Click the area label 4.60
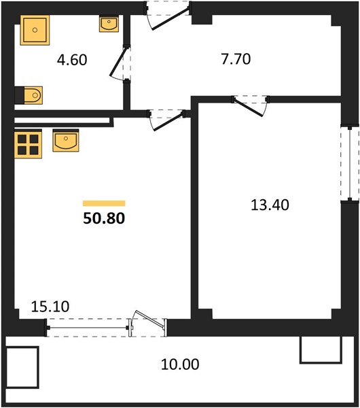pyautogui.click(x=72, y=60)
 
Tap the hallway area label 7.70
pyautogui.click(x=236, y=59)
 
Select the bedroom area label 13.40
pyautogui.click(x=270, y=205)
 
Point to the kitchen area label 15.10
pyautogui.click(x=50, y=307)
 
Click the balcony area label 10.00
pyautogui.click(x=180, y=364)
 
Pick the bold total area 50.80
pyautogui.click(x=104, y=218)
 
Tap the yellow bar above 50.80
pyautogui.click(x=104, y=203)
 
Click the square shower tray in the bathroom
pyautogui.click(x=35, y=30)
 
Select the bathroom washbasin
pyautogui.click(x=109, y=24)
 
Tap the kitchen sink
pyautogui.click(x=66, y=141)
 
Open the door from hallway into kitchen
pyautogui.click(x=167, y=121)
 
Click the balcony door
pyautogui.click(x=148, y=322)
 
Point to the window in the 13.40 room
pyautogui.click(x=350, y=164)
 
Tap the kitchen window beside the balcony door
pyautogui.click(x=88, y=328)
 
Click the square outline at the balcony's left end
pyautogui.click(x=22, y=367)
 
